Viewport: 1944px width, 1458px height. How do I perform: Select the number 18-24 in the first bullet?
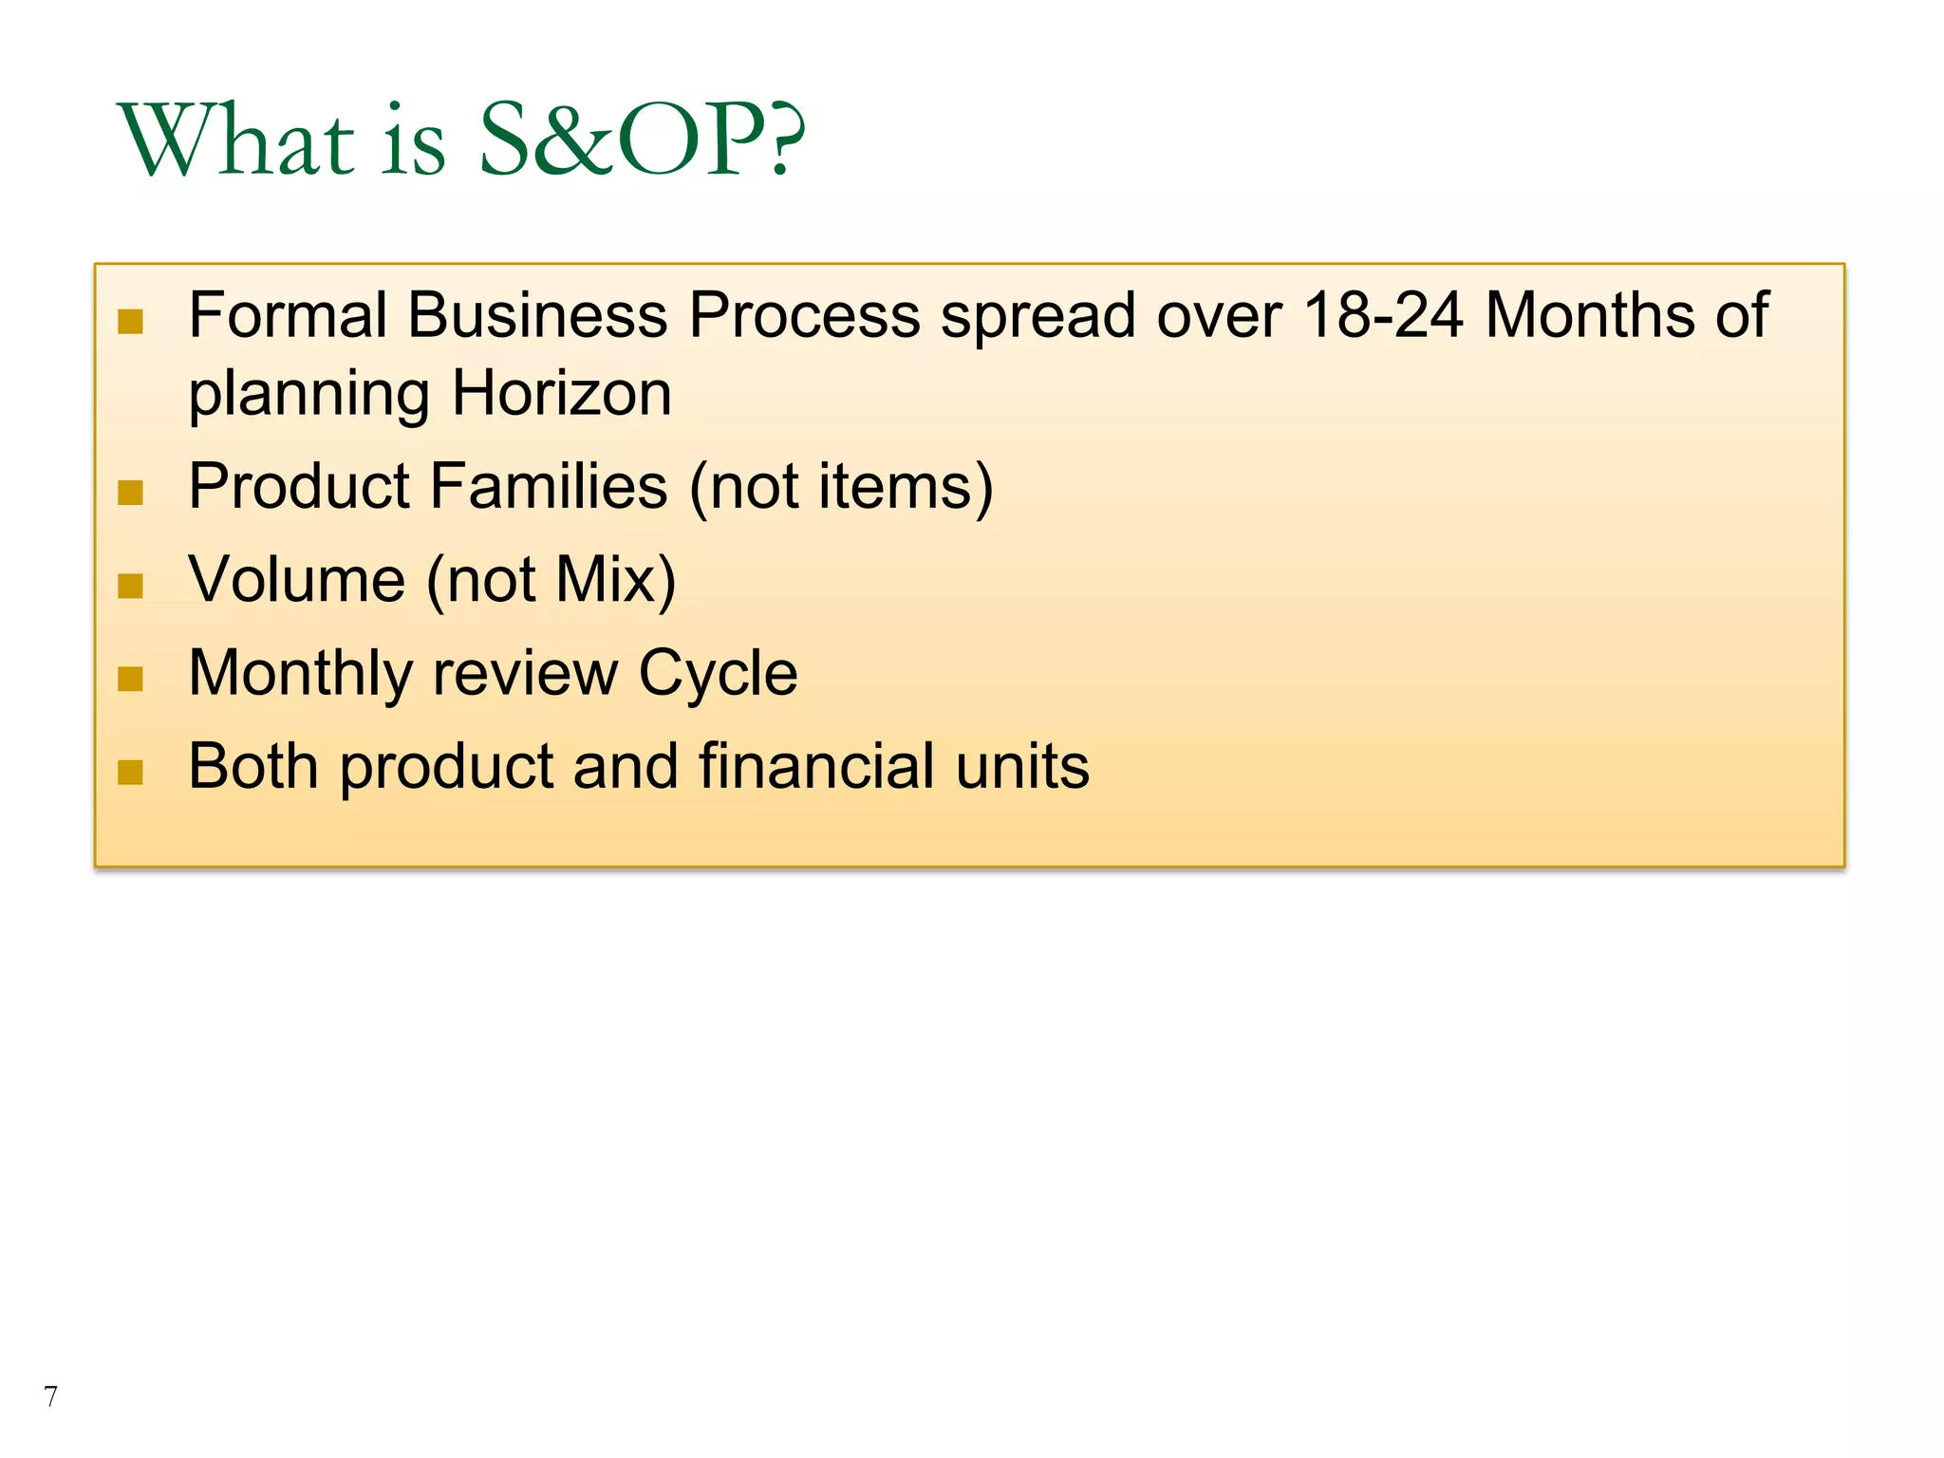coord(1383,315)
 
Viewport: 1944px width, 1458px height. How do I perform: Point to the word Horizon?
coord(561,393)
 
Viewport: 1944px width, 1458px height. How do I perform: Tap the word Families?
coord(549,486)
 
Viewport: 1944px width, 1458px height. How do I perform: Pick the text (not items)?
coord(841,488)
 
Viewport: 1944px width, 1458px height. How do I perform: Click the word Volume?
coord(296,579)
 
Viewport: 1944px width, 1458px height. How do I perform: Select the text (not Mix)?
coord(551,581)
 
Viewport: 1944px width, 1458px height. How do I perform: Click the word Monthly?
coord(300,674)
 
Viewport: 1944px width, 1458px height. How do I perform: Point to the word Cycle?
coord(718,674)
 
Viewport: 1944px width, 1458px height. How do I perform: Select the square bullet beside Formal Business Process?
coord(130,322)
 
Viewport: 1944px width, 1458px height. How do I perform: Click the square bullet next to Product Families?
coord(130,493)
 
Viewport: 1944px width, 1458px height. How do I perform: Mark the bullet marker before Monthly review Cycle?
coord(130,679)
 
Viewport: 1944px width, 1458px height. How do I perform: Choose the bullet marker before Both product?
coord(130,773)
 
